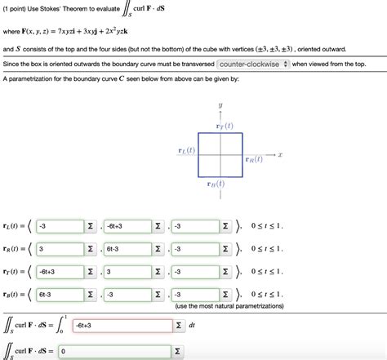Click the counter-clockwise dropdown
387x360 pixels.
pyautogui.click(x=253, y=64)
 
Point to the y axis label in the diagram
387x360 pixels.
pyautogui.click(x=220, y=106)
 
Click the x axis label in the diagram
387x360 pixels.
pyautogui.click(x=279, y=153)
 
